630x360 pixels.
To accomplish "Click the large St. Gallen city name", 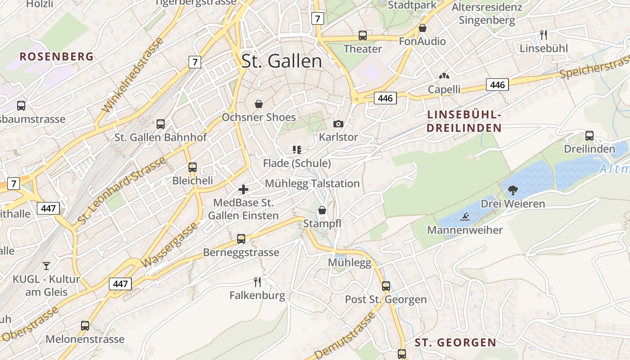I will click(282, 62).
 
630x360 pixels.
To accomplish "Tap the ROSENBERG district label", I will click(57, 57).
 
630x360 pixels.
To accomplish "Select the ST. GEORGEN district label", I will click(455, 342).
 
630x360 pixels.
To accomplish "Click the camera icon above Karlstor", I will click(338, 124).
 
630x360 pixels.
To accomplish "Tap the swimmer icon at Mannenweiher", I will click(465, 217).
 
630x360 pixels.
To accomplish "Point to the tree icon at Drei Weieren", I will click(513, 190).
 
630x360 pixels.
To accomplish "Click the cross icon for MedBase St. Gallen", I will click(243, 189).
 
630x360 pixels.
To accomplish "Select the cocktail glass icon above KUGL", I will click(46, 266).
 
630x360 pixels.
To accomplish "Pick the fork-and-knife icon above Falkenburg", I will click(257, 282).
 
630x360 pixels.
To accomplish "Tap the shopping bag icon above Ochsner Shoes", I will click(259, 104).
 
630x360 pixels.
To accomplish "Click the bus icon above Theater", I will click(363, 36).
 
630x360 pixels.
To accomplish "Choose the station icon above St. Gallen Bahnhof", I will click(161, 124).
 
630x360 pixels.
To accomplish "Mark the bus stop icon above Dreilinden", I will click(589, 135).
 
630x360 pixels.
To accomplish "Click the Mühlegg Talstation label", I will click(312, 184).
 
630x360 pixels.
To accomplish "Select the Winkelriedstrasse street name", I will click(133, 76).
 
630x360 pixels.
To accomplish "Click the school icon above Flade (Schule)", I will click(297, 150).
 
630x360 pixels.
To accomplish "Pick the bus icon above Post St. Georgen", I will click(386, 286).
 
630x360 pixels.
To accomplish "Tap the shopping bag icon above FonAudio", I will click(423, 28).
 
